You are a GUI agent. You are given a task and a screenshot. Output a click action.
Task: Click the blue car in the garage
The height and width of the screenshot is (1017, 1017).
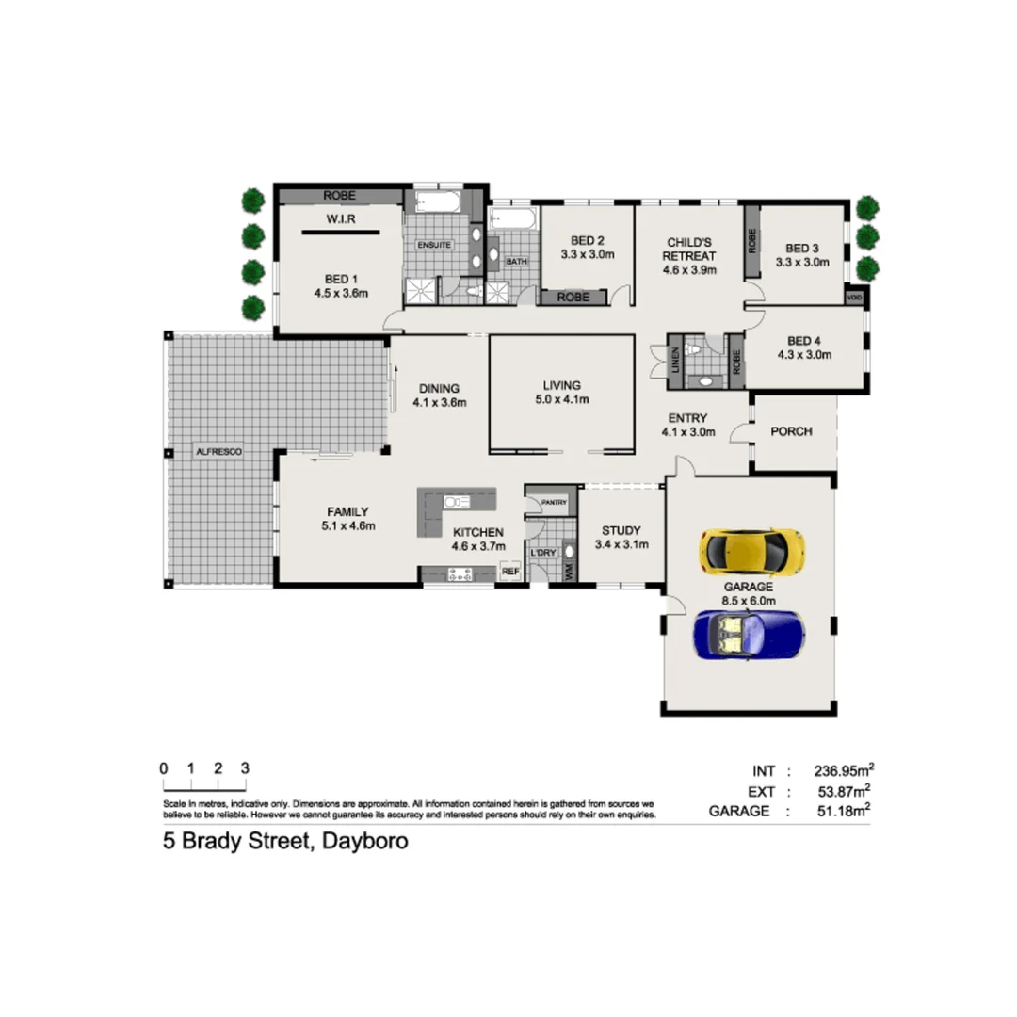pos(749,634)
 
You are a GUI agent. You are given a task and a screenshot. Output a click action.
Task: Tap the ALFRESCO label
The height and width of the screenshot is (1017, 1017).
pos(218,453)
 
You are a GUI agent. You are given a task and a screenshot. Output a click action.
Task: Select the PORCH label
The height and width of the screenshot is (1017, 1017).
pos(791,432)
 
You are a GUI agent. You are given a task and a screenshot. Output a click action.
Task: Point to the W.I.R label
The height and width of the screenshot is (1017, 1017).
pos(339,219)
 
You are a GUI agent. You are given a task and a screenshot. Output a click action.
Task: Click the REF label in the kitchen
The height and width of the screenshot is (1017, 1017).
pos(509,571)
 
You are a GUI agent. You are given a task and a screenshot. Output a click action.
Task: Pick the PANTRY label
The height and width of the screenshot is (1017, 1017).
pos(554,503)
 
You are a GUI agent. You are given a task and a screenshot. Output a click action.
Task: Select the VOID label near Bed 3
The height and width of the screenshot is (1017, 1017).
pos(854,297)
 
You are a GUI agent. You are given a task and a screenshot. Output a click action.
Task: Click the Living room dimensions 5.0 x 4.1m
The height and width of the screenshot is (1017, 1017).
pos(561,399)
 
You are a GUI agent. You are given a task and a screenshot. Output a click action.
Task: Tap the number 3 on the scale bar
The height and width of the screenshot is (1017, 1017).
pos(245,767)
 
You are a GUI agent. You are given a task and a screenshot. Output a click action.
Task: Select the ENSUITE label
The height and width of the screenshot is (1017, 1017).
pos(435,245)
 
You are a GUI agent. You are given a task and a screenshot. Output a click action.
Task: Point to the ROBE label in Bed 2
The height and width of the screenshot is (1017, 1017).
pos(573,297)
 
